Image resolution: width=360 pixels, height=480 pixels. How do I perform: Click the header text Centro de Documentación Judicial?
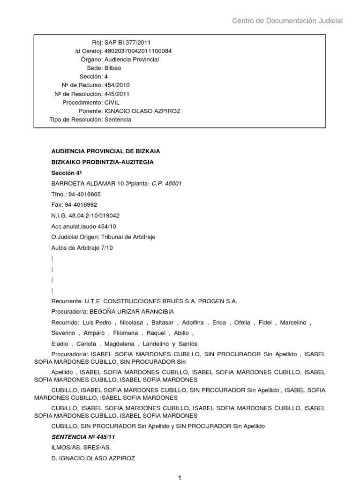pos(287,21)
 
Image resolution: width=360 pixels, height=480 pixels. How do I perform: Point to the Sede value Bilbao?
pos(112,68)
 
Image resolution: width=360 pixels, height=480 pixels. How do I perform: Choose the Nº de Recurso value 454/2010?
pos(117,85)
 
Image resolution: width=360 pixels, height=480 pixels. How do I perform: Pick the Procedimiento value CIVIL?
pos(112,102)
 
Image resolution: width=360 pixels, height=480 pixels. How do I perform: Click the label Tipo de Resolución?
pos(76,120)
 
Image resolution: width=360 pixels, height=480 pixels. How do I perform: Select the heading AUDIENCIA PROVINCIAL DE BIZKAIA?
pos(105,151)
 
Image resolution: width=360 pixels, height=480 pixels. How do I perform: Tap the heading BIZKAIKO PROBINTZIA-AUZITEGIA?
pos(102,162)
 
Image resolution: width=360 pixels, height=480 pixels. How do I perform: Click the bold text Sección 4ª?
pos(67,172)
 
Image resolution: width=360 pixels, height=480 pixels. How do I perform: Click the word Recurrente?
pos(67,301)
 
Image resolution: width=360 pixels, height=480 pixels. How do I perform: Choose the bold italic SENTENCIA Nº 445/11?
pos(83,437)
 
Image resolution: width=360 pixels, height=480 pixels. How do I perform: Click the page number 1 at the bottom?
pos(179,478)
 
